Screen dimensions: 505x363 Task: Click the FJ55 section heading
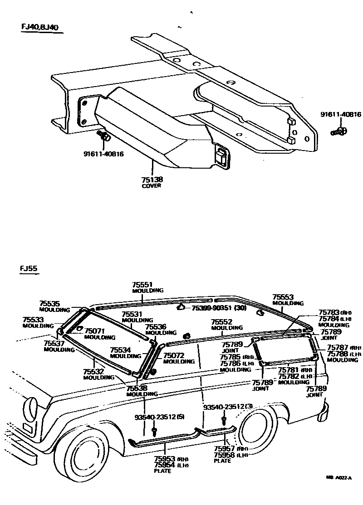28,268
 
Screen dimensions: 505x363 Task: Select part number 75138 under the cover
152,180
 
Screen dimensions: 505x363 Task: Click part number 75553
282,297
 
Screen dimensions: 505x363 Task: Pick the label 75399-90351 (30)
218,307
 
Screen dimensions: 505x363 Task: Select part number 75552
221,322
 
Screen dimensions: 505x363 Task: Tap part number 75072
173,355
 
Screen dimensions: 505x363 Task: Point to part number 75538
136,388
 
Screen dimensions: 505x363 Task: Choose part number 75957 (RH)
224,448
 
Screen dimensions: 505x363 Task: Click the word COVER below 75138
152,186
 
